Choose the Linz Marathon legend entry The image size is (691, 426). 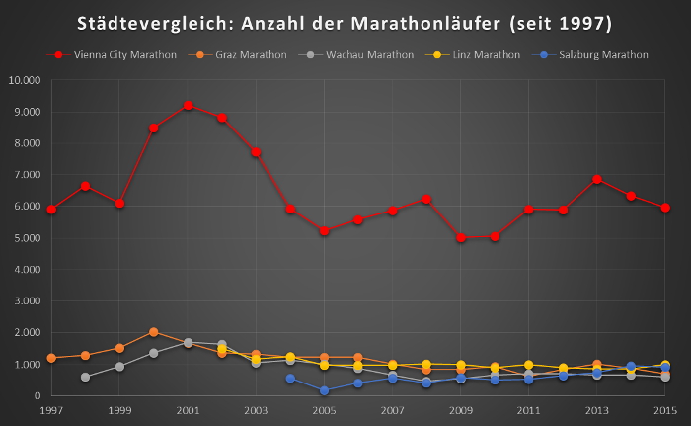tap(483, 55)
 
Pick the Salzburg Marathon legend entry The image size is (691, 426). tap(601, 55)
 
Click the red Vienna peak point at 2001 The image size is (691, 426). tap(188, 105)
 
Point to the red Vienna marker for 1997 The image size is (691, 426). tap(51, 209)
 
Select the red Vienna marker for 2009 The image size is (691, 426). tap(461, 237)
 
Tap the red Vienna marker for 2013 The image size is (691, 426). tap(597, 179)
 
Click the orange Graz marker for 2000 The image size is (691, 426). tap(153, 332)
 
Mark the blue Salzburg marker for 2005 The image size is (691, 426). tap(324, 390)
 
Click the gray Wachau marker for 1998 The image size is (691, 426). tap(85, 377)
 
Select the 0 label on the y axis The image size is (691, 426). tap(36, 396)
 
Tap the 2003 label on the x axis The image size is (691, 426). tap(256, 409)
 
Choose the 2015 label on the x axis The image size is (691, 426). tap(664, 409)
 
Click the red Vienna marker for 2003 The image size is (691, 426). tap(256, 152)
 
